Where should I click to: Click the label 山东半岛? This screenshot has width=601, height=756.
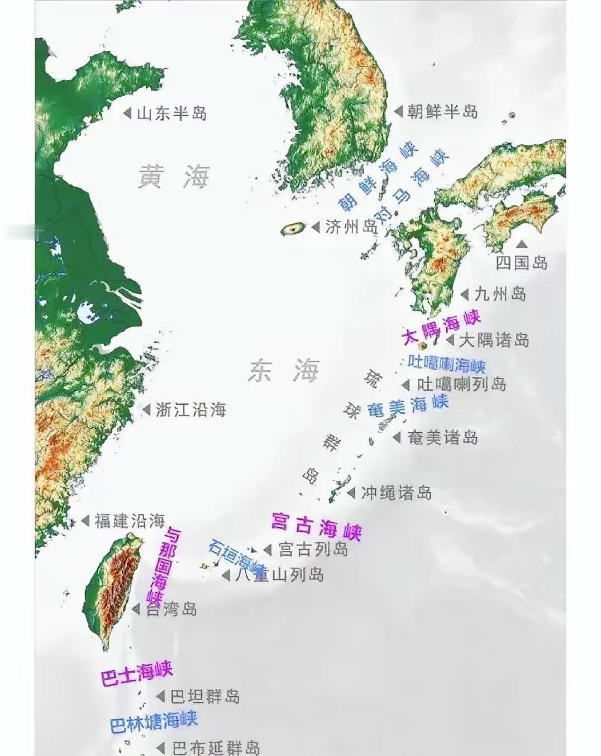(x=171, y=114)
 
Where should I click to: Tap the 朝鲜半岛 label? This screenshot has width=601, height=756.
(x=442, y=111)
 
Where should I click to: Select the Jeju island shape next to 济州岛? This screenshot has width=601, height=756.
(x=294, y=228)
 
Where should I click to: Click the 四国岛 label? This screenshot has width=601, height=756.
(x=522, y=262)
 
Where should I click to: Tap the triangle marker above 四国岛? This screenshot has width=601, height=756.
(x=522, y=244)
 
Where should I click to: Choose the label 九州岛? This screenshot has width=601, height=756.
(x=500, y=294)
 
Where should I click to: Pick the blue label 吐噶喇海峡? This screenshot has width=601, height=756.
(x=447, y=363)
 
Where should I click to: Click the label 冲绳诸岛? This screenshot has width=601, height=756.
(x=396, y=493)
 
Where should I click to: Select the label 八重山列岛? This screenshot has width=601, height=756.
(x=279, y=574)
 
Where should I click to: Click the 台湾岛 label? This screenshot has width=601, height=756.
(x=171, y=609)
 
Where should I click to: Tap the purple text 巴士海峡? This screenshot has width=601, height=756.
(x=137, y=673)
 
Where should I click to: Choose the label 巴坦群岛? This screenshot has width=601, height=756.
(x=205, y=697)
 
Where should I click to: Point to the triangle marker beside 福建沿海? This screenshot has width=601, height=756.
(x=85, y=521)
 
